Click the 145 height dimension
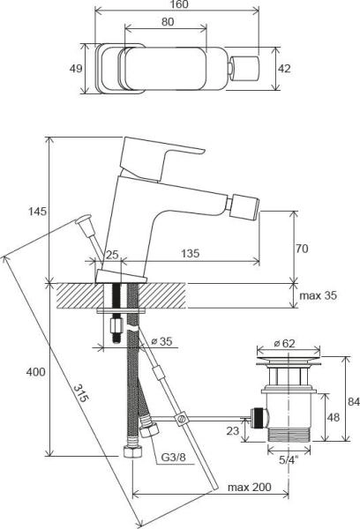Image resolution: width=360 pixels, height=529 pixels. [37, 212]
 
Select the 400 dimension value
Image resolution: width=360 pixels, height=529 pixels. [35, 373]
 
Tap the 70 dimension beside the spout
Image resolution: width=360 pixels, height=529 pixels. [302, 250]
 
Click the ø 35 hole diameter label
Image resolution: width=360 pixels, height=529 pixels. [161, 339]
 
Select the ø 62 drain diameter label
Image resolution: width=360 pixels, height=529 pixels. [284, 343]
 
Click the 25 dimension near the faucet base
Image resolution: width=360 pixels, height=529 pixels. [111, 254]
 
